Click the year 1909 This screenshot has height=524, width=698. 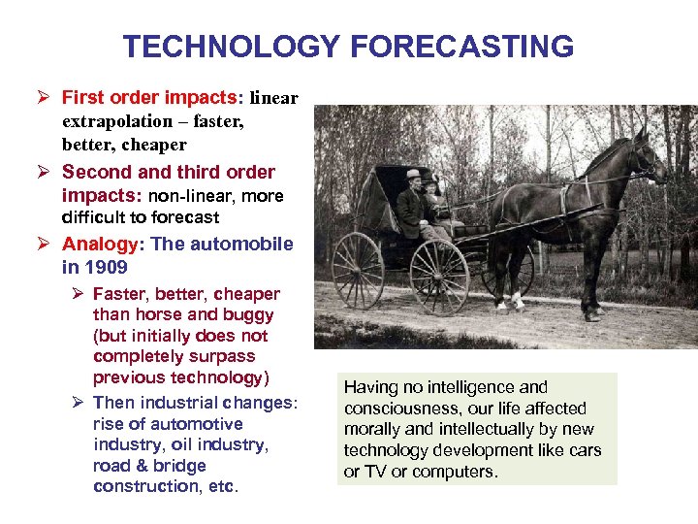tap(109, 267)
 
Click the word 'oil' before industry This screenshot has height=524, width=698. tap(184, 444)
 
